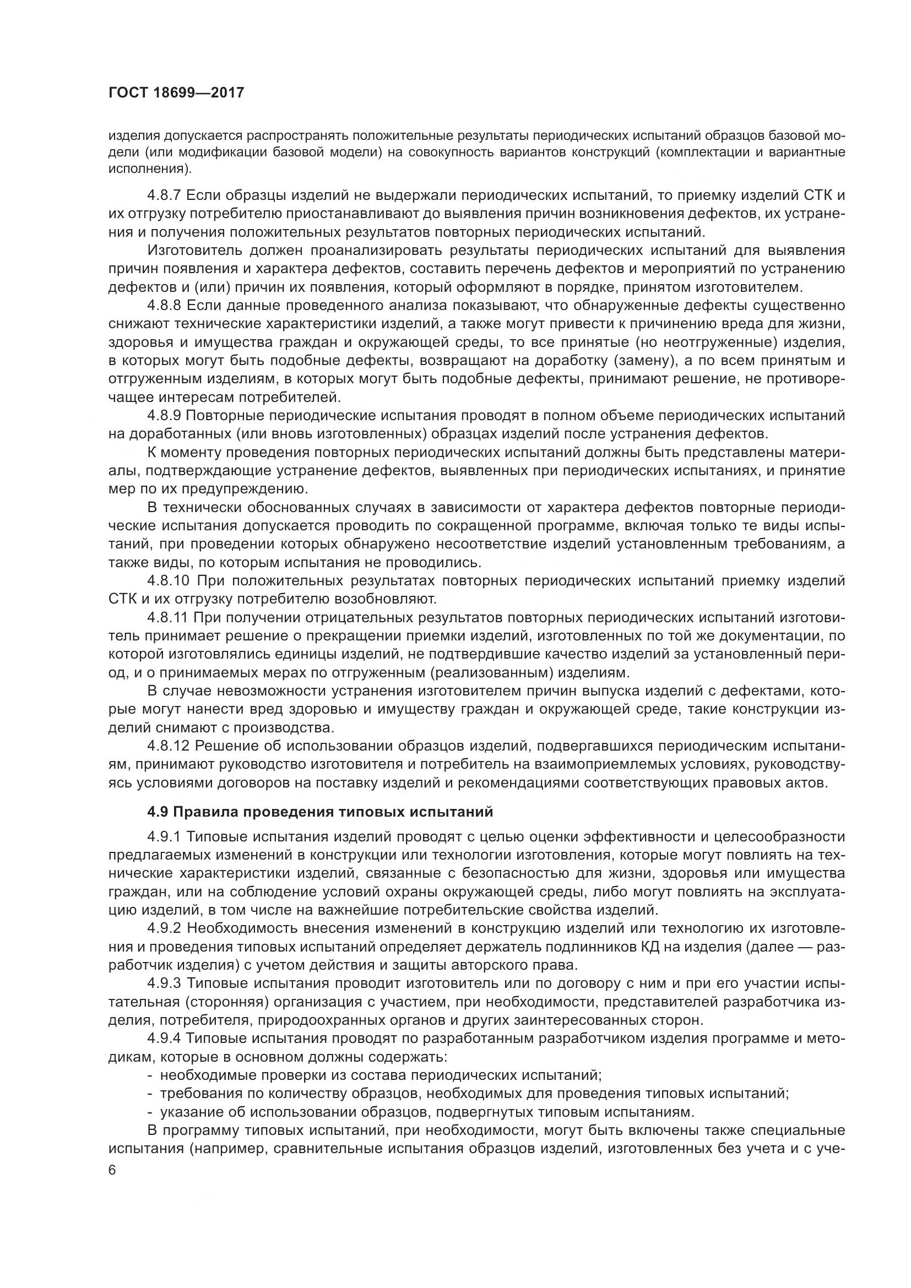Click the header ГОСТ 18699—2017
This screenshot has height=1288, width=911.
click(x=176, y=93)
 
